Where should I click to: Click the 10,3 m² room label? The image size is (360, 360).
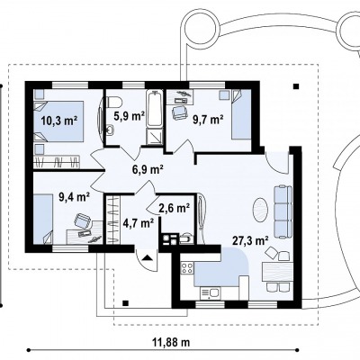(x=59, y=121)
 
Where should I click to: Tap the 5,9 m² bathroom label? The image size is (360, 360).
(x=130, y=115)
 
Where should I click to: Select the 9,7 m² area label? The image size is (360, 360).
(x=208, y=121)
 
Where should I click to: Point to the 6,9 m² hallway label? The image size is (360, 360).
(x=148, y=170)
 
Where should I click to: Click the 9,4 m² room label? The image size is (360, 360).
(x=75, y=197)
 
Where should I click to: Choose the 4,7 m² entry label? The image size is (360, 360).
(x=139, y=223)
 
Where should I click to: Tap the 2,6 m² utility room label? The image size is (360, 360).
(x=175, y=208)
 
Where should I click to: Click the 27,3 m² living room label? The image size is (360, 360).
(x=250, y=240)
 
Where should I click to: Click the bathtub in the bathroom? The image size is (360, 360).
(x=155, y=108)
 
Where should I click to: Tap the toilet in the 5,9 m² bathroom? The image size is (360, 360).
(x=113, y=102)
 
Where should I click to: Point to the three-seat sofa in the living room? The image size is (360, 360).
(x=283, y=211)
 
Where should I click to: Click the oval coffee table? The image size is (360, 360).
(x=260, y=210)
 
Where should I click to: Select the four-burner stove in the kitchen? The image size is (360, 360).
(x=187, y=267)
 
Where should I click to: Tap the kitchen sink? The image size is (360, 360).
(x=210, y=293)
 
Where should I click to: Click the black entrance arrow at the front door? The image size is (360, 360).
(x=147, y=257)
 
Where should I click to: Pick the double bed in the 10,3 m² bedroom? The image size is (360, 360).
(x=58, y=121)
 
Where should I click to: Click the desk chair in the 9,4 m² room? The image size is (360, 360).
(x=82, y=221)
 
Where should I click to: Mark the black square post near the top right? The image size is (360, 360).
(x=296, y=86)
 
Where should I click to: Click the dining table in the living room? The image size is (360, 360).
(x=277, y=272)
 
